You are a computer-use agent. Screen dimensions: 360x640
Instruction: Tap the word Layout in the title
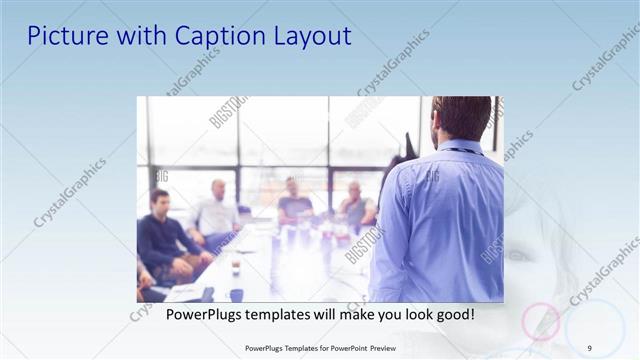pos(314,36)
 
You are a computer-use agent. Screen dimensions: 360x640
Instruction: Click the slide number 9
pos(589,348)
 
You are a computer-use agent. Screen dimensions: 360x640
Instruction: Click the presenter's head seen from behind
pos(461,118)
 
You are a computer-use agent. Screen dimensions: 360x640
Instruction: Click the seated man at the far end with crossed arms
pos(355,205)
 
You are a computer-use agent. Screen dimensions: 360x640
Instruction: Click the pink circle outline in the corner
pos(541,320)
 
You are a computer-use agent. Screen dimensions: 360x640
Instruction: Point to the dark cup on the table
pos(236,294)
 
